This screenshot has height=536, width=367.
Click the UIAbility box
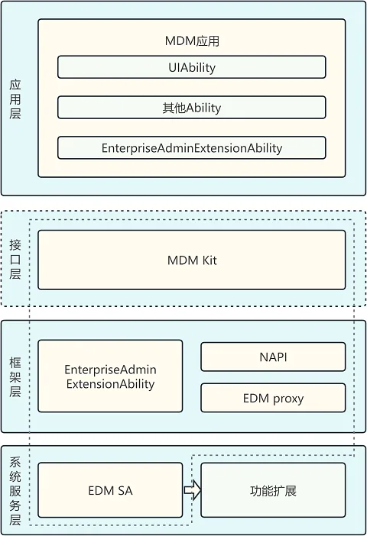click(x=192, y=67)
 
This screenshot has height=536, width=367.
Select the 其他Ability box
click(x=192, y=108)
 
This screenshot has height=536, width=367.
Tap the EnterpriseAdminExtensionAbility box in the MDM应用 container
click(x=192, y=147)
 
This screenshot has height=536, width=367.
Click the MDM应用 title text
click(x=192, y=41)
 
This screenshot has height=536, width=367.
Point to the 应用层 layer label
click(x=15, y=99)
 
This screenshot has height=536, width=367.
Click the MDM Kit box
click(x=192, y=260)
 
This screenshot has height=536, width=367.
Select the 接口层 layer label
click(x=15, y=260)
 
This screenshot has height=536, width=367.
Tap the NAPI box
click(x=273, y=357)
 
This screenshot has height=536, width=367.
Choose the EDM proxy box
click(x=273, y=398)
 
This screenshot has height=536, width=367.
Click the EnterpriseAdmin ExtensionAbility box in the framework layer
click(x=110, y=376)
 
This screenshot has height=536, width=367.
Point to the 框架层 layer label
click(x=15, y=376)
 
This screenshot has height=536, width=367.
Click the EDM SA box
click(x=110, y=490)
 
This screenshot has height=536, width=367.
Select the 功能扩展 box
click(x=273, y=490)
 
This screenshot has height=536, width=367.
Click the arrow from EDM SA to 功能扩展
click(x=193, y=490)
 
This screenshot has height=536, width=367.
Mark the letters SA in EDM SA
click(x=125, y=490)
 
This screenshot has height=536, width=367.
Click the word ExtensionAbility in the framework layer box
click(x=110, y=384)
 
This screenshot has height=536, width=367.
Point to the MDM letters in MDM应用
click(x=180, y=41)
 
